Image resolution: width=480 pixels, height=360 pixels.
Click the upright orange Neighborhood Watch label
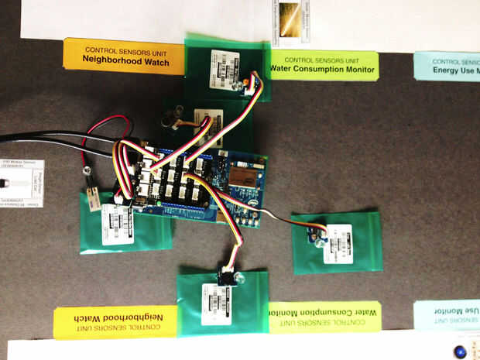[x=124, y=57]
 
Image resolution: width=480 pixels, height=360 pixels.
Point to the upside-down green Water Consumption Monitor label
[x=325, y=317]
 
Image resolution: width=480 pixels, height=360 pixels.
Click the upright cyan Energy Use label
[x=447, y=66]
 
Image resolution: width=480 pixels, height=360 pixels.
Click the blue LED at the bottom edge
[x=461, y=351]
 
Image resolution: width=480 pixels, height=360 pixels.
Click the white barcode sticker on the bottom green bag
[x=216, y=303]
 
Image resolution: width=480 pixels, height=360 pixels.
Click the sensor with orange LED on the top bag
[x=252, y=82]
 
